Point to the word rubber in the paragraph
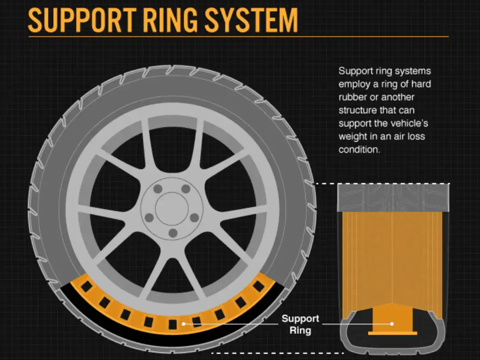tap(353, 97)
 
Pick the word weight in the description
tap(351, 137)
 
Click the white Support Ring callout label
tap(300, 325)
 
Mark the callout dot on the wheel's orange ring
tap(184, 323)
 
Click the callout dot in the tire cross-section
tap(392, 324)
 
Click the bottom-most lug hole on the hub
tap(173, 233)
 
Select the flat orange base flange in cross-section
tap(392, 333)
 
